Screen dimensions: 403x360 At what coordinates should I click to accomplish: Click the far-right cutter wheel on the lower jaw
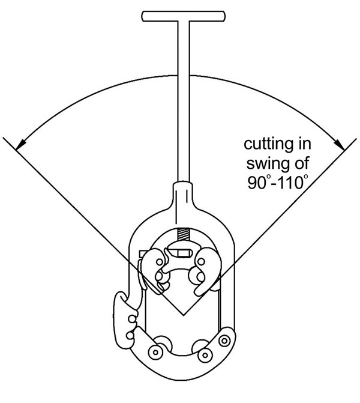tap(225, 341)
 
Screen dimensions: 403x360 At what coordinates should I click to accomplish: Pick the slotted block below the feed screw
tap(180, 250)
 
